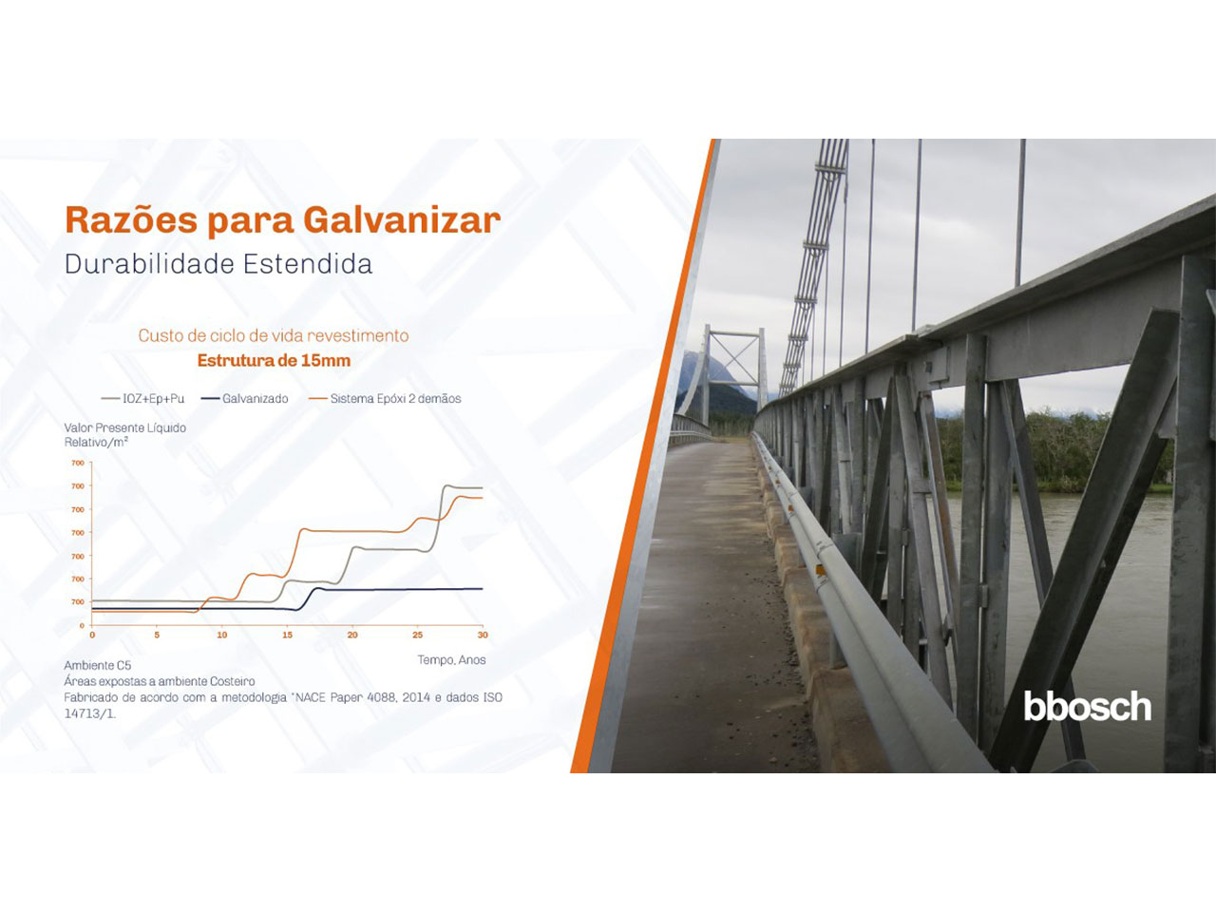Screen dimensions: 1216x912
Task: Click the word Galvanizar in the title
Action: [402, 219]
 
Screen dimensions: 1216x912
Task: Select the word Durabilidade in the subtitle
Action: [150, 264]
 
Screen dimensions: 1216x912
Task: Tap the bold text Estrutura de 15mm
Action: [274, 360]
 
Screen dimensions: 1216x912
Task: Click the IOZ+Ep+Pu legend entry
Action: [142, 399]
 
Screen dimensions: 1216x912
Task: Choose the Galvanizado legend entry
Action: [245, 399]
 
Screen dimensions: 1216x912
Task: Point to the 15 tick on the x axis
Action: [287, 636]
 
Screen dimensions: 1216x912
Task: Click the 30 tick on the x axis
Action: [483, 636]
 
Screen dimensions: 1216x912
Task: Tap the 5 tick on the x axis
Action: [157, 636]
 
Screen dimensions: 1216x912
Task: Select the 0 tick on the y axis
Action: [82, 626]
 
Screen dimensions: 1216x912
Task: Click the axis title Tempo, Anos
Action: [451, 660]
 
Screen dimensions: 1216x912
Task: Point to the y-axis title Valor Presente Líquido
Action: [125, 428]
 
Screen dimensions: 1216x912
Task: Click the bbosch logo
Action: [1087, 706]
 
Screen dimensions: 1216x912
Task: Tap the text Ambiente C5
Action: [98, 665]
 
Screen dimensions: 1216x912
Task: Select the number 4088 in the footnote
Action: [379, 697]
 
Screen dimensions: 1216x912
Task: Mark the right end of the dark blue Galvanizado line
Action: [483, 589]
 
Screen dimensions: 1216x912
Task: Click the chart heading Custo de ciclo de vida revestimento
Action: [274, 335]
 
